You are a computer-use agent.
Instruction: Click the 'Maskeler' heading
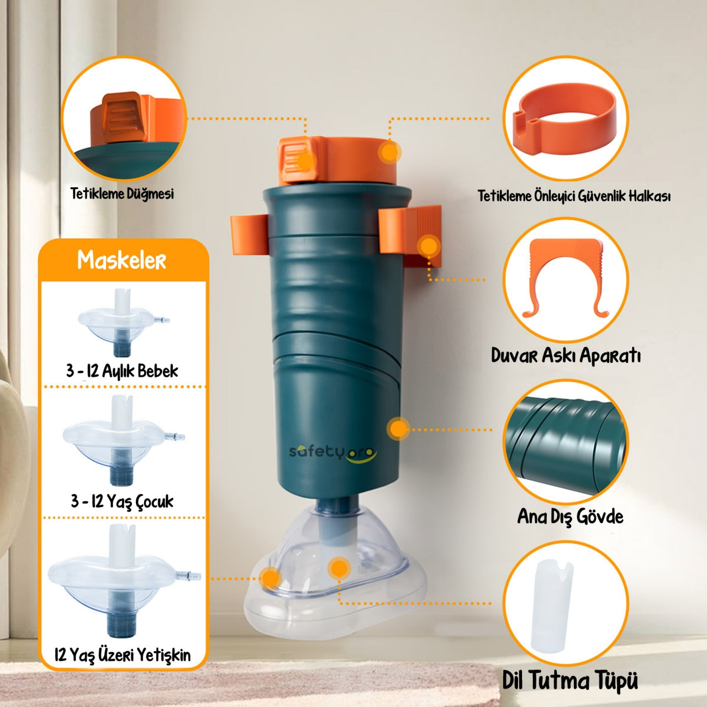coord(122,260)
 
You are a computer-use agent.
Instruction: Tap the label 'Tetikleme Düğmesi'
coord(122,194)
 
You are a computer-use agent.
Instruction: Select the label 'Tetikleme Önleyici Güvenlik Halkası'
coord(574,196)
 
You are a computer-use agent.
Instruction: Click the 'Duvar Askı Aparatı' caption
coord(566,356)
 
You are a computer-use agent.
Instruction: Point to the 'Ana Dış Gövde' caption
coord(570,516)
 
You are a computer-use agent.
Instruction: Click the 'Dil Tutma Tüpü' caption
coord(570,680)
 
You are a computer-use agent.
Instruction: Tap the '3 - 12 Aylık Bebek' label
coord(122,371)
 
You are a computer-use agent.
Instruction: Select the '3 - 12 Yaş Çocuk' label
coord(122,501)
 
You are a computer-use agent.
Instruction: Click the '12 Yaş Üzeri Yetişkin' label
coord(123,655)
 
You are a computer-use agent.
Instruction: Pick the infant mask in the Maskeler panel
coord(123,323)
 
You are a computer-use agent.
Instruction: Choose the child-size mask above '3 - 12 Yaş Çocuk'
coord(123,440)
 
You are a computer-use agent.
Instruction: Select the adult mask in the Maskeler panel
coord(124,581)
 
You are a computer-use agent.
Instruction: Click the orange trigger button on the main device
coord(298,160)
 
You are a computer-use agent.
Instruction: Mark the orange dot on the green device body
coord(398,428)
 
